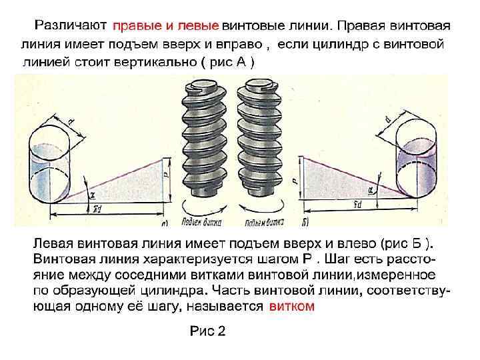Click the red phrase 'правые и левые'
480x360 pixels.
165,26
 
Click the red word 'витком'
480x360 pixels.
291,306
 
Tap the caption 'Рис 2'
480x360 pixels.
208,331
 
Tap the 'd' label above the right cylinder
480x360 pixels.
387,118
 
